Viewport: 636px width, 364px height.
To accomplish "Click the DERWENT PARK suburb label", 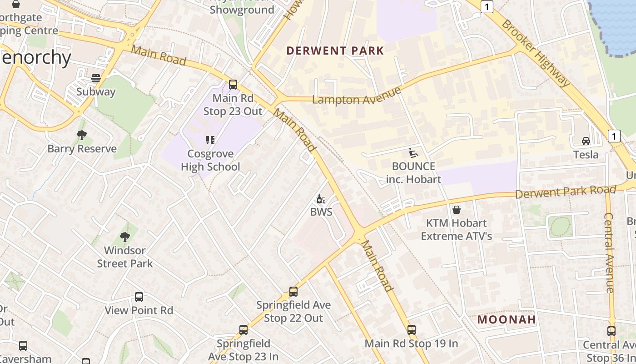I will pyautogui.click(x=335, y=51).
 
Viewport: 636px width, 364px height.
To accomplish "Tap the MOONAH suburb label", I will pyautogui.click(x=507, y=319).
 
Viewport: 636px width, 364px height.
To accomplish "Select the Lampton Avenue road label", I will pyautogui.click(x=357, y=96).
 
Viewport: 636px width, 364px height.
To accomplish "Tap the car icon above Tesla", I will pyautogui.click(x=586, y=141).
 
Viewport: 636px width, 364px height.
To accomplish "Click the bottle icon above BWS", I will pyautogui.click(x=321, y=199).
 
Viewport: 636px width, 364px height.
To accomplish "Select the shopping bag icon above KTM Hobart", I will pyautogui.click(x=457, y=210).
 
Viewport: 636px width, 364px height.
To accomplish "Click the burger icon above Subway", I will pyautogui.click(x=96, y=78).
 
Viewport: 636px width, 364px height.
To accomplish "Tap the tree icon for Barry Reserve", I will pyautogui.click(x=82, y=135).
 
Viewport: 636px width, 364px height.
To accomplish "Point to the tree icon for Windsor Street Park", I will pyautogui.click(x=125, y=237).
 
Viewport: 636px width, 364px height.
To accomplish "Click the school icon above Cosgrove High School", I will pyautogui.click(x=210, y=140).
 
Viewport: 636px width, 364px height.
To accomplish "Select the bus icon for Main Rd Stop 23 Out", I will pyautogui.click(x=233, y=85).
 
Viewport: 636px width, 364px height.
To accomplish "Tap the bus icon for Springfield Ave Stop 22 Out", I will pyautogui.click(x=293, y=292).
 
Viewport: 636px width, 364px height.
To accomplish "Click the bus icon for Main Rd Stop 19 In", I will pyautogui.click(x=412, y=330).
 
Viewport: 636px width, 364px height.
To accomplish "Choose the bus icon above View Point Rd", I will pyautogui.click(x=139, y=297).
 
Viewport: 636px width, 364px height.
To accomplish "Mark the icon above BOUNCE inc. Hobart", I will pyautogui.click(x=413, y=153).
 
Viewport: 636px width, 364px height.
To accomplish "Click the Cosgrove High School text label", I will pyautogui.click(x=210, y=160).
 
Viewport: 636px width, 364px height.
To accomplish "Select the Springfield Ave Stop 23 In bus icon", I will pyautogui.click(x=243, y=330).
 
